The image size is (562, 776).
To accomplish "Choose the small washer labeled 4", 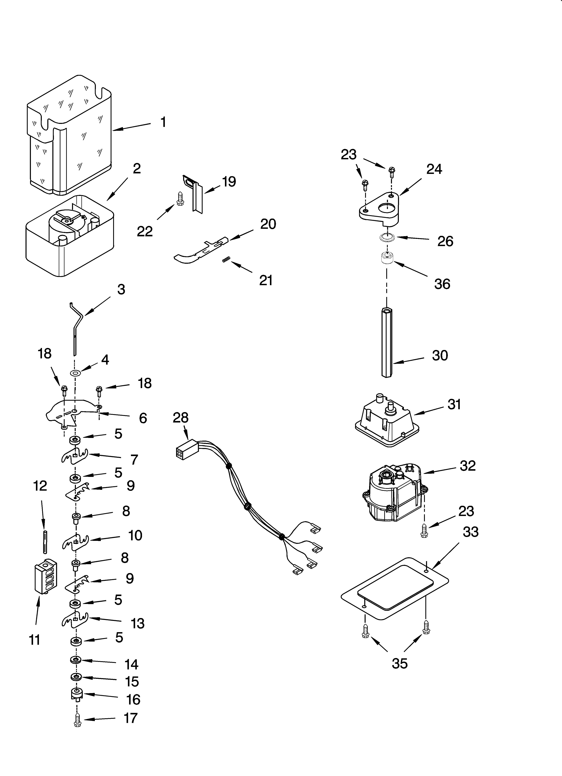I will [x=75, y=372].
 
